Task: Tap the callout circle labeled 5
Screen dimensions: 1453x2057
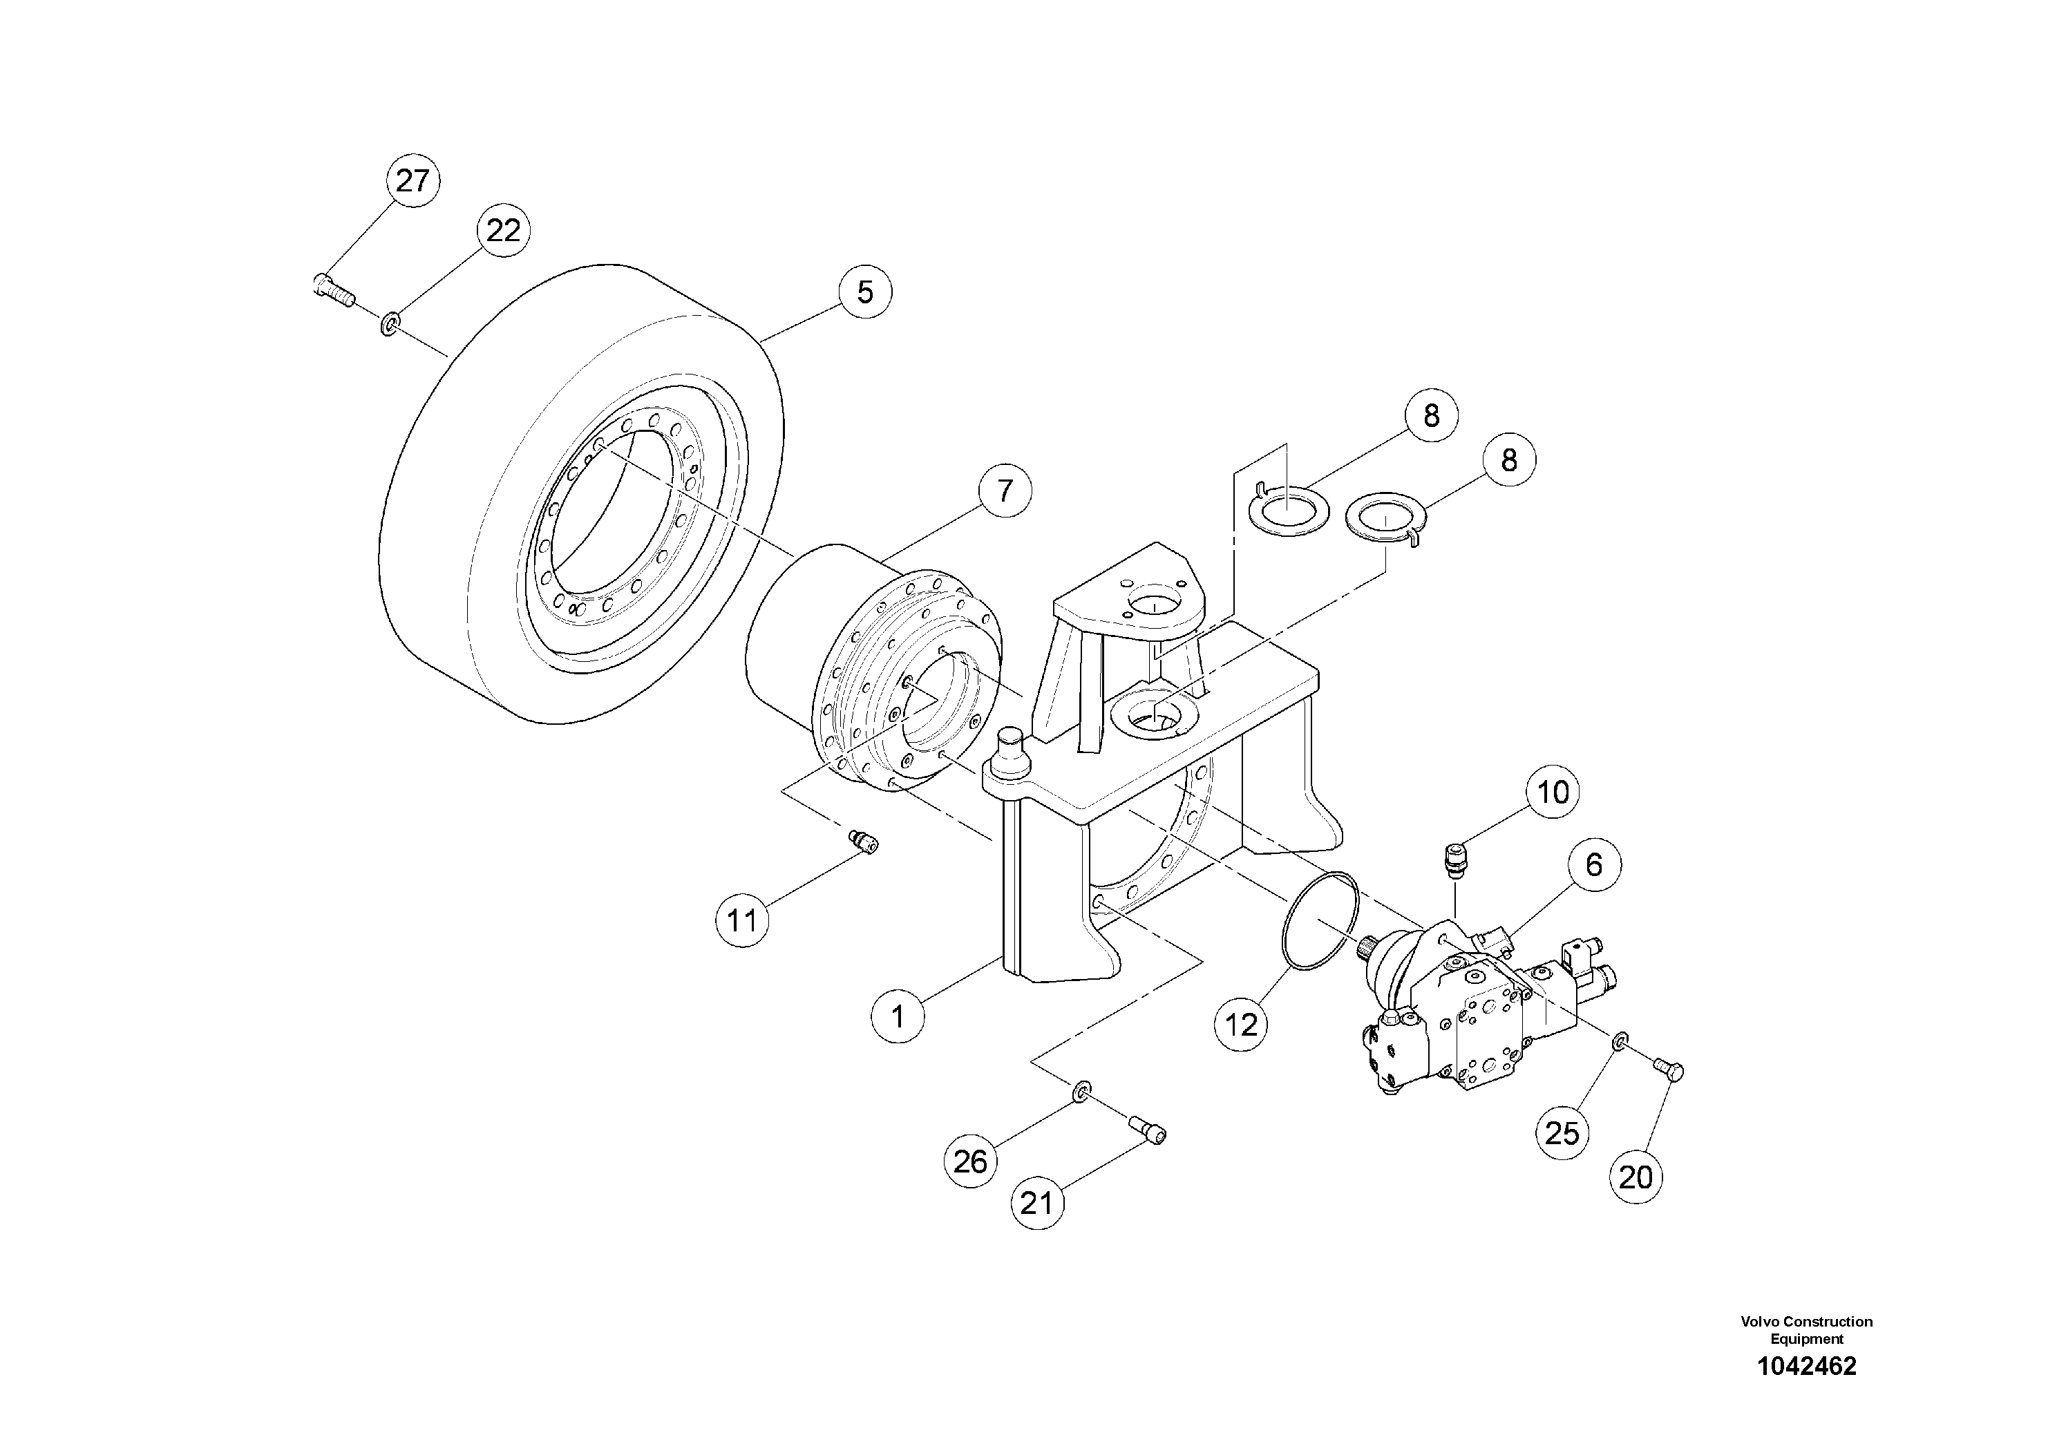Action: coord(864,292)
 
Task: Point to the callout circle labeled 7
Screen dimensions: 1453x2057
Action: coord(1004,491)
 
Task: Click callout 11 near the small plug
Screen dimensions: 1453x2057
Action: coord(742,920)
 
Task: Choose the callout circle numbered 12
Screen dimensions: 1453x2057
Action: coord(1241,1024)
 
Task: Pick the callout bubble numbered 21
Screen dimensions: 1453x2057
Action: coord(1036,1203)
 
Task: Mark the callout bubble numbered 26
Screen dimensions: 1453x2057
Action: coord(970,1162)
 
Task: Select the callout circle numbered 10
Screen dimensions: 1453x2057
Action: coord(1553,792)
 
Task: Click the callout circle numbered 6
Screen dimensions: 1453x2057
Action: coord(1594,864)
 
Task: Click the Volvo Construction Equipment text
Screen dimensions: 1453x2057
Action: coord(1806,1329)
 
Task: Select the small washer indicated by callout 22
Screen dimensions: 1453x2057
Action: coord(390,321)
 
